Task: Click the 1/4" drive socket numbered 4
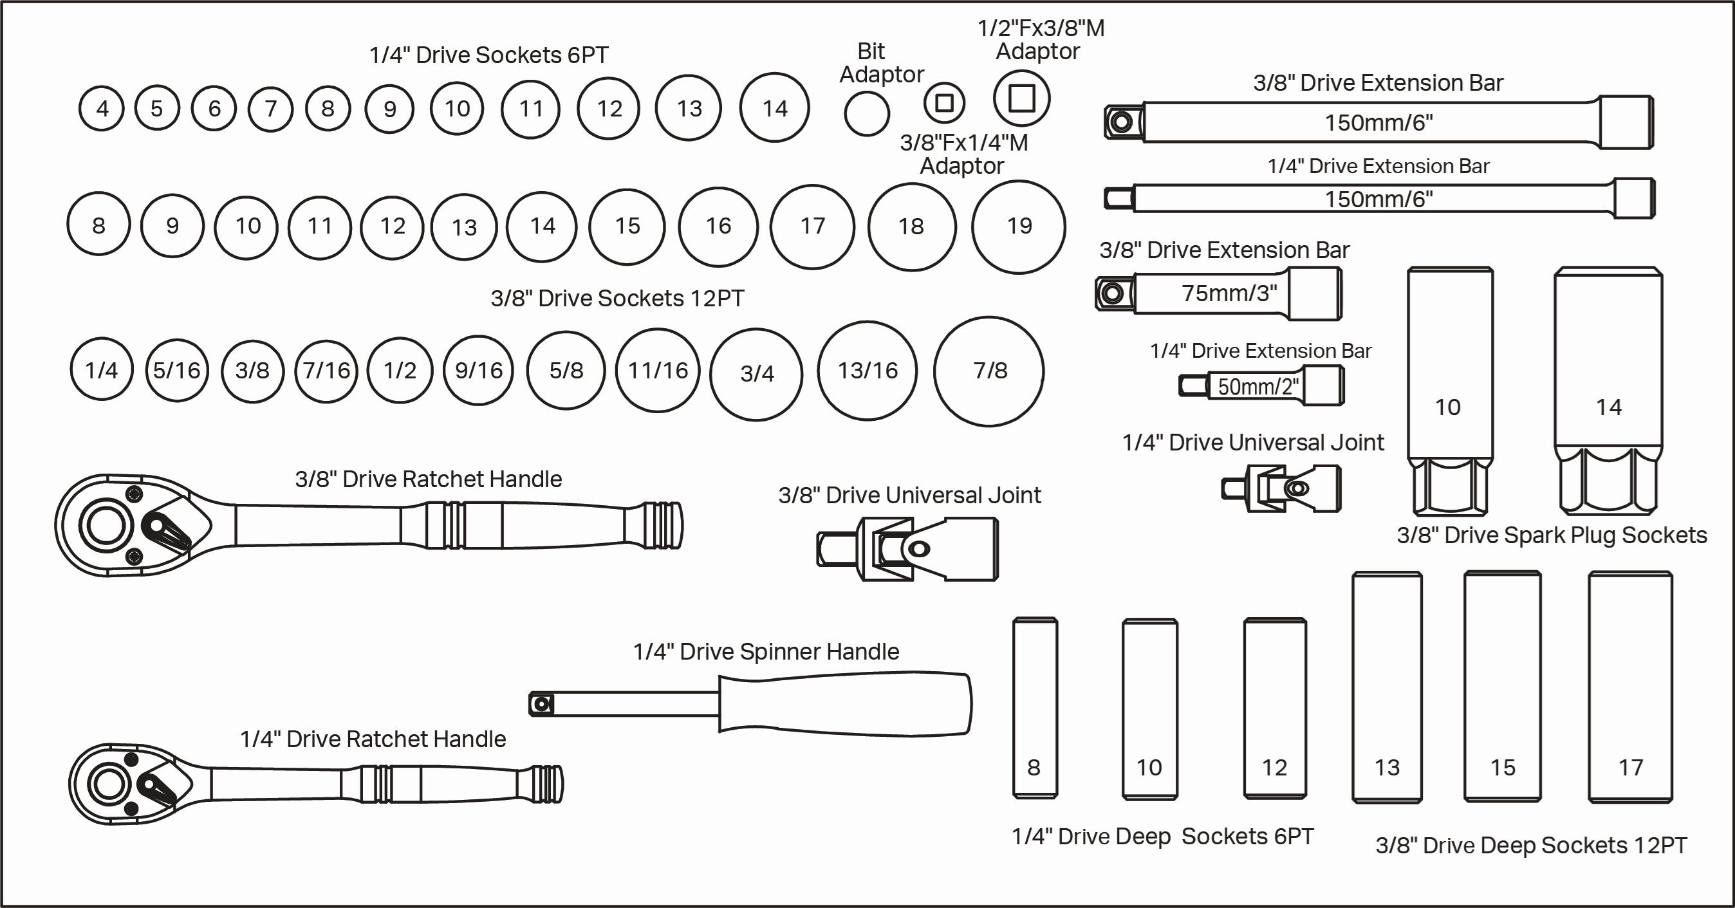click(102, 109)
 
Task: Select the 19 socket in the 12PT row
click(1018, 227)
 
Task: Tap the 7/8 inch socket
click(988, 371)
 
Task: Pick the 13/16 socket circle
click(867, 371)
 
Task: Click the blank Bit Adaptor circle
click(867, 114)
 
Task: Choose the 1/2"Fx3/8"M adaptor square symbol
click(1021, 98)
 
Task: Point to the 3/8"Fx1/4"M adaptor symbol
click(944, 103)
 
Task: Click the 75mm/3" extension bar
click(1219, 293)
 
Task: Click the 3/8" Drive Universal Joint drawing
click(907, 549)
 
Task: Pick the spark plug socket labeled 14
click(1608, 391)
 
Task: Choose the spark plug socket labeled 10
click(1449, 391)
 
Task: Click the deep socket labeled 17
click(1630, 687)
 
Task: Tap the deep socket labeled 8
click(1035, 708)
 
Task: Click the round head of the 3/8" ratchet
click(106, 524)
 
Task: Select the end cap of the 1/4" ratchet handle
click(548, 784)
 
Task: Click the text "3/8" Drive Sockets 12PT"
click(617, 299)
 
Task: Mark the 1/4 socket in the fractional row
click(101, 370)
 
